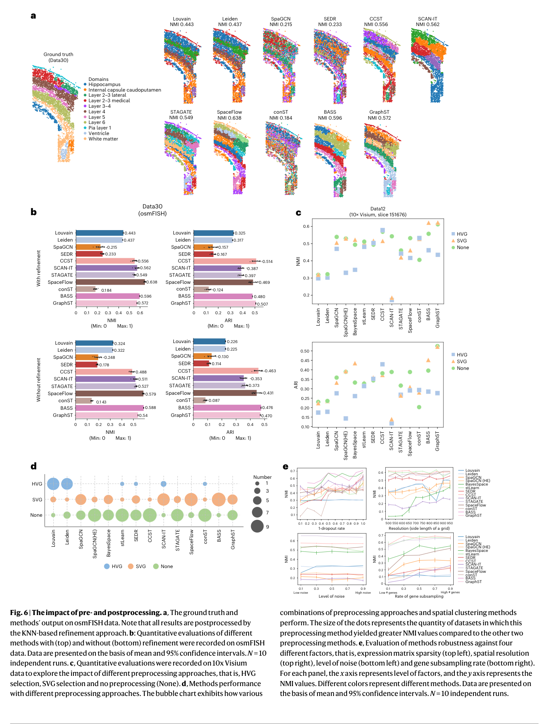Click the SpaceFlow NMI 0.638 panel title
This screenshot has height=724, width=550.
(229, 115)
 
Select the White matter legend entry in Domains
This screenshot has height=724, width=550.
(103, 139)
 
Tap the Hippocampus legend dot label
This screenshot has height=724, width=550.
(104, 84)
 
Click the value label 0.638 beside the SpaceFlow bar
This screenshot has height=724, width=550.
(152, 282)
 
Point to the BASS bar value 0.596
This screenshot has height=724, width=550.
(146, 296)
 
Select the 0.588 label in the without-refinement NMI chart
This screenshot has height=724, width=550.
(150, 408)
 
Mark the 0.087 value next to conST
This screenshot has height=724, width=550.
(214, 400)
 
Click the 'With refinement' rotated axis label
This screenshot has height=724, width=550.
(39, 268)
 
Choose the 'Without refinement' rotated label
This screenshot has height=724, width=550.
(39, 380)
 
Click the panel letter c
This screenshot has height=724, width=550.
(298, 213)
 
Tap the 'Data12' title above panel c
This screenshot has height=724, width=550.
(377, 209)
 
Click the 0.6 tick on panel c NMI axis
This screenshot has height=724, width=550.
(306, 227)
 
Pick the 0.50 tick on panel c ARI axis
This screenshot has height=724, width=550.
(305, 351)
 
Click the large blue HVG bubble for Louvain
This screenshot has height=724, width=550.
(53, 484)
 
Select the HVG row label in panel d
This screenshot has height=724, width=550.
(37, 484)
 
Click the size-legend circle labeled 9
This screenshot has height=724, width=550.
(257, 526)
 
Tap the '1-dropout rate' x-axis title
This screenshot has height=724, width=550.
(331, 529)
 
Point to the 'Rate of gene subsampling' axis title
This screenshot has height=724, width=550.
(419, 596)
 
